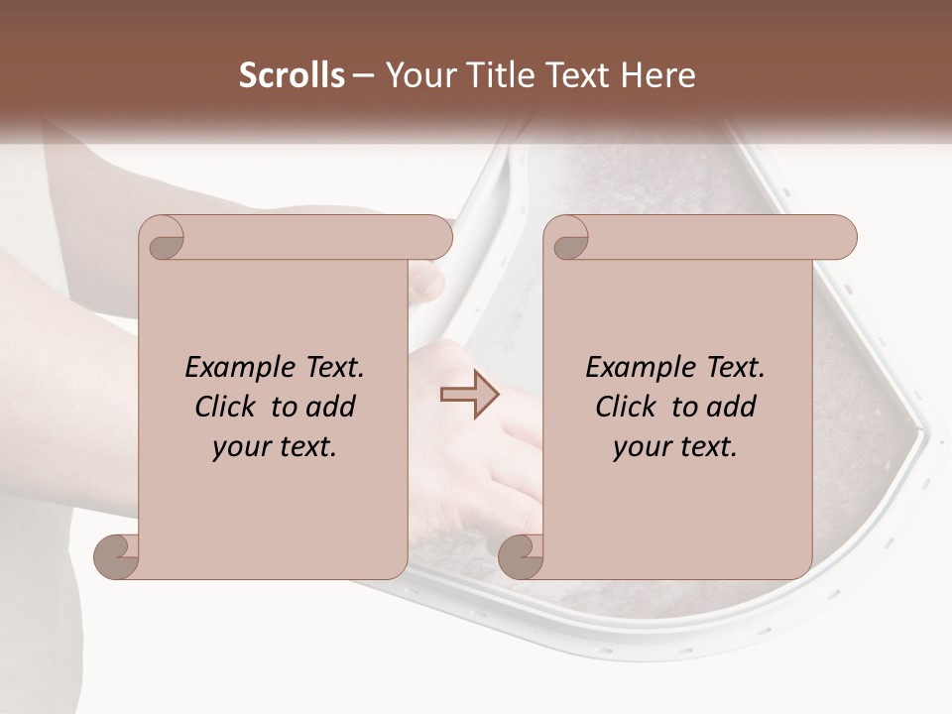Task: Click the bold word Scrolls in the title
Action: tap(293, 75)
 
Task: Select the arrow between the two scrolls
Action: tap(470, 394)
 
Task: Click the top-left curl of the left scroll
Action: tap(163, 239)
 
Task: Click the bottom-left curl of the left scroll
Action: tap(116, 556)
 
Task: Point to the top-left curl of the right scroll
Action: tap(568, 239)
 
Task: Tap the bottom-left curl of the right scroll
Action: tap(521, 556)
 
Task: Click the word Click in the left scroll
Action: tap(227, 407)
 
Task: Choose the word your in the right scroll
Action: tap(641, 447)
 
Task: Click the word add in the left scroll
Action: tap(332, 407)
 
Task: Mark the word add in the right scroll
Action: tap(733, 407)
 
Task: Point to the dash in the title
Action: tap(364, 75)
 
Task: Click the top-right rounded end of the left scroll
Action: tap(434, 238)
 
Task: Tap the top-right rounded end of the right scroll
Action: tap(839, 238)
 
